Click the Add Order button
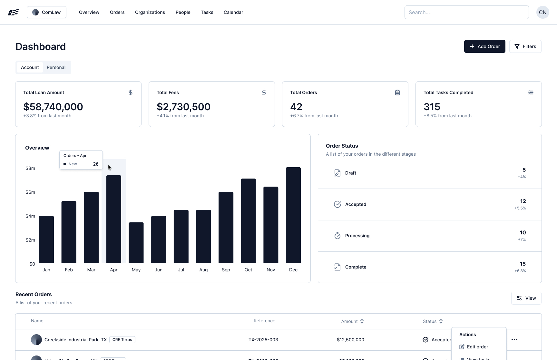484,46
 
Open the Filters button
525,46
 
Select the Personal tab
56,67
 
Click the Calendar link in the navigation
233,12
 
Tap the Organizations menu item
150,12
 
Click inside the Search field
466,12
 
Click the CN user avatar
542,12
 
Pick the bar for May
136,242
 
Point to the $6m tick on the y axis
30,192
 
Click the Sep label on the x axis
226,270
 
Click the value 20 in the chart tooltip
96,164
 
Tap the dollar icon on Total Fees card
264,92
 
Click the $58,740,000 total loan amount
53,107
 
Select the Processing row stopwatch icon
337,236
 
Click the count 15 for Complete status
523,264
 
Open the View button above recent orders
526,298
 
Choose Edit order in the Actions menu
477,347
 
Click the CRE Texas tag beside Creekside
122,340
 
